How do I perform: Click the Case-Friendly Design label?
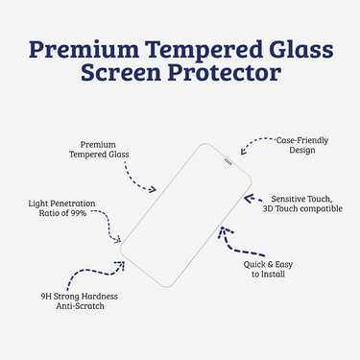click(x=301, y=145)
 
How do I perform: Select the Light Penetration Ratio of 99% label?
click(x=61, y=208)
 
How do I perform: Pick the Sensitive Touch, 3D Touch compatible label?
click(x=302, y=203)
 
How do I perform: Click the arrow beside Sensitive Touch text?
click(x=252, y=201)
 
